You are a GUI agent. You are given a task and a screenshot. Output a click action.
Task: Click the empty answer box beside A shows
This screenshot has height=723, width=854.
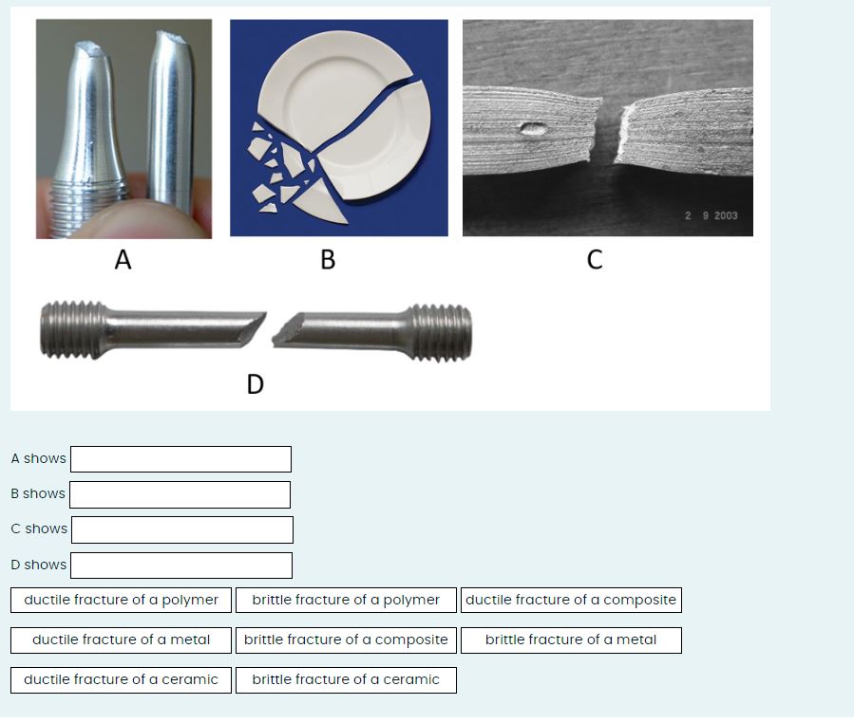click(x=180, y=459)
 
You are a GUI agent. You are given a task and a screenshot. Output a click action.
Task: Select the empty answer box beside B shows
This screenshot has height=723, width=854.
click(x=180, y=494)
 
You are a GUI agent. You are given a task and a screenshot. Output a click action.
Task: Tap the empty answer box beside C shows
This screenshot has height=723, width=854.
click(x=181, y=529)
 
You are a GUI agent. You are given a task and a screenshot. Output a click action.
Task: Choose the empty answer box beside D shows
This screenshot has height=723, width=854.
click(x=180, y=565)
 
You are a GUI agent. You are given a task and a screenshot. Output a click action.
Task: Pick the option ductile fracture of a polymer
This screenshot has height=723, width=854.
click(x=121, y=600)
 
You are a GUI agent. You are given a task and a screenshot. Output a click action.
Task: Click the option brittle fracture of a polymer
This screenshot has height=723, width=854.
click(x=346, y=600)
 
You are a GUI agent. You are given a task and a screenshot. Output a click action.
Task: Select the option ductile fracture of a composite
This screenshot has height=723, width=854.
click(x=571, y=600)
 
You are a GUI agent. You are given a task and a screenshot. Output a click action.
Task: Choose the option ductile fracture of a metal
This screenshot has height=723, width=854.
click(x=121, y=640)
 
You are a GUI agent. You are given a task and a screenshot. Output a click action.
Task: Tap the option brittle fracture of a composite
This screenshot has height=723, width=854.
click(x=346, y=640)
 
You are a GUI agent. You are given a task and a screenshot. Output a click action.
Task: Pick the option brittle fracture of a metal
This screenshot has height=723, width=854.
click(x=570, y=640)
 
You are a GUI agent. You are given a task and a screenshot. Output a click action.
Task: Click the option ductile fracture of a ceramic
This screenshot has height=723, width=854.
click(x=121, y=679)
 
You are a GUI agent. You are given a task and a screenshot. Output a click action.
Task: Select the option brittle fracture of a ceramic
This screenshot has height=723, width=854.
click(x=346, y=679)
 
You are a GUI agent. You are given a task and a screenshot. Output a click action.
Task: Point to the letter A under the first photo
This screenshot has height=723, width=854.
click(x=122, y=259)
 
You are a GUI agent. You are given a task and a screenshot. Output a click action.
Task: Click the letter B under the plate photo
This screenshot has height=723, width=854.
click(x=328, y=259)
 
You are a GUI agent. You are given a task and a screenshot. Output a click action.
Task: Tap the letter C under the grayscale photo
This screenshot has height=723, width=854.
click(x=595, y=259)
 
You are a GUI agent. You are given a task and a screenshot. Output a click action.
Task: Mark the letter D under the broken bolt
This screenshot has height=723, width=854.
click(x=255, y=383)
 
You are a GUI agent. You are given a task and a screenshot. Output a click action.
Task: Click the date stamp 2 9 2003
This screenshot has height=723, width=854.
click(x=711, y=216)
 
